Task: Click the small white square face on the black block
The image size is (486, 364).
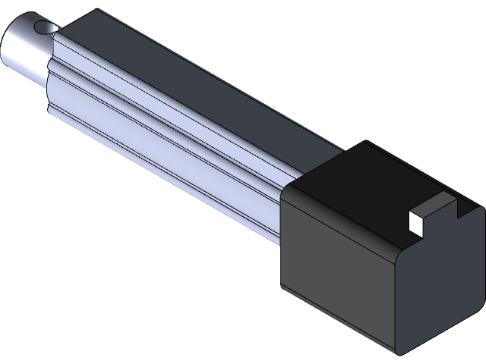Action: click(x=415, y=221)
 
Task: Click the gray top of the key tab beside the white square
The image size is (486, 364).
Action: click(x=434, y=202)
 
